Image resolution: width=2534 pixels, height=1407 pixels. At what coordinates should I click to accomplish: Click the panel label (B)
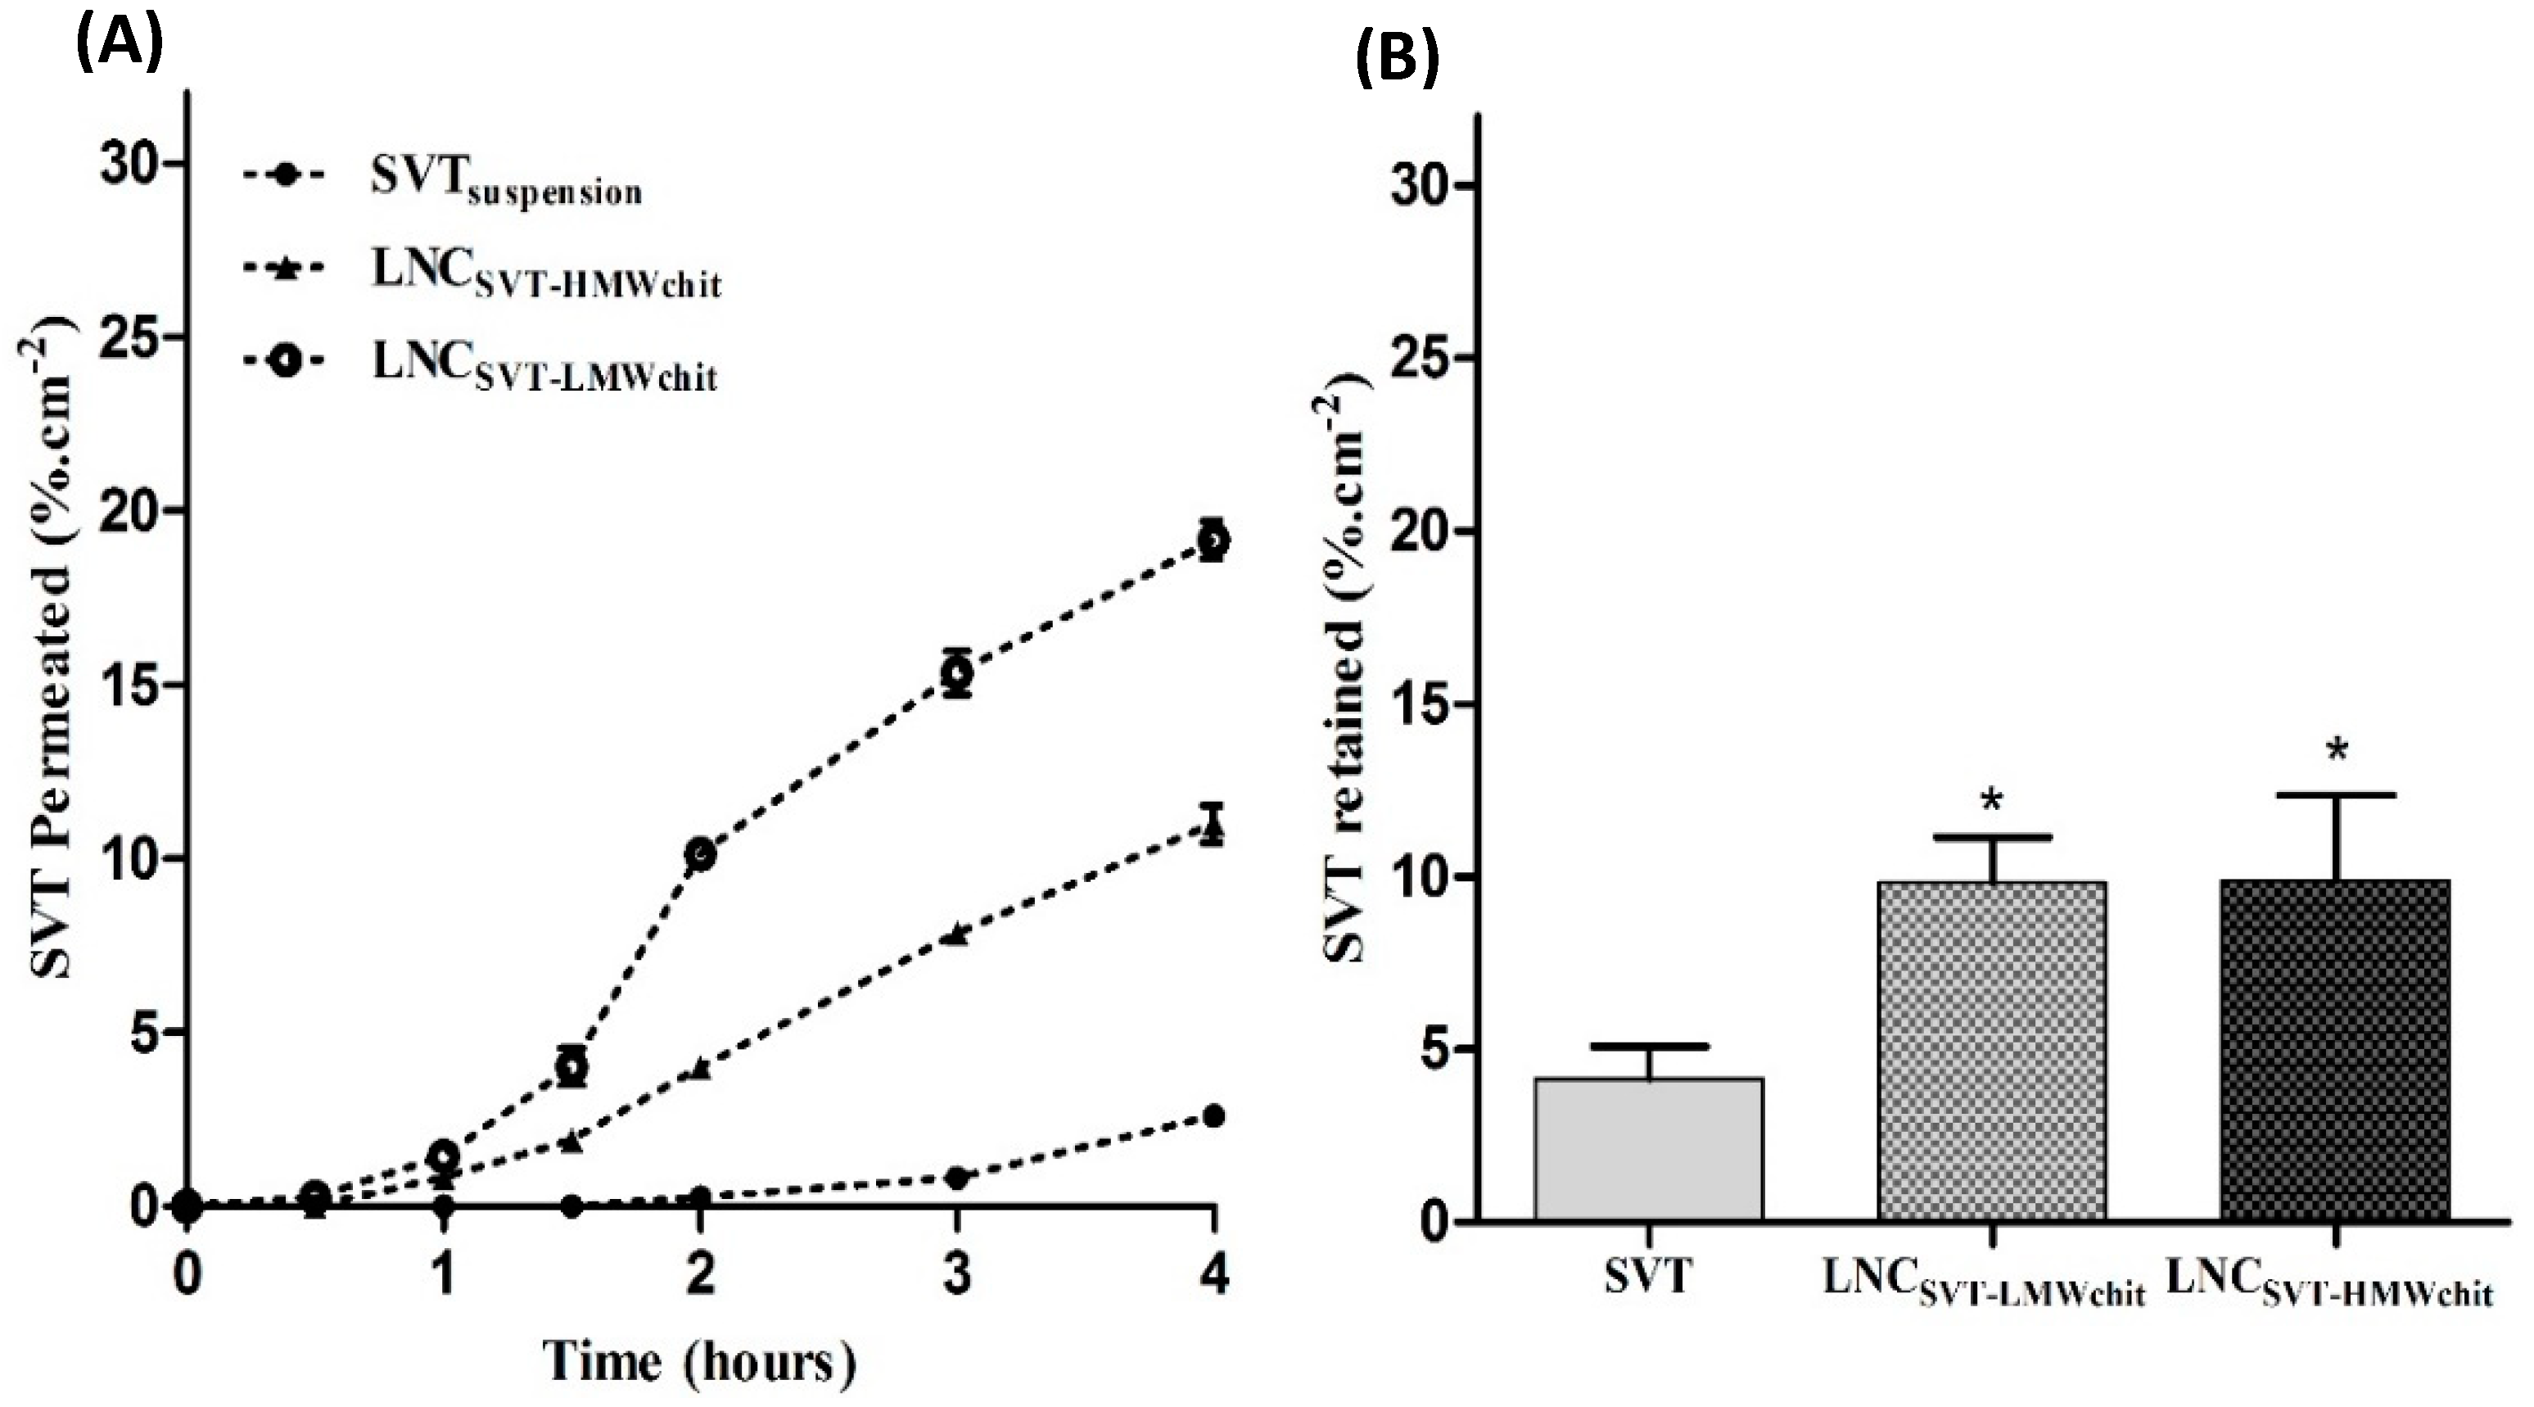(1397, 59)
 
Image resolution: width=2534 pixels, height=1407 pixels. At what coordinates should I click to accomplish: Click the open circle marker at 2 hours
(700, 854)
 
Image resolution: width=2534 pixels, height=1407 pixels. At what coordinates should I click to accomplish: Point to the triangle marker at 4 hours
(1214, 830)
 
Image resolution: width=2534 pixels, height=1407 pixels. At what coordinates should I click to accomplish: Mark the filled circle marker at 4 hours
(1214, 1115)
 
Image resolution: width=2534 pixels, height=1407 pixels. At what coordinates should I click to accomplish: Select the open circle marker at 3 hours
(957, 673)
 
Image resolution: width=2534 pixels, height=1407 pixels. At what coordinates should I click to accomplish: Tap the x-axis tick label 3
(956, 1275)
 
